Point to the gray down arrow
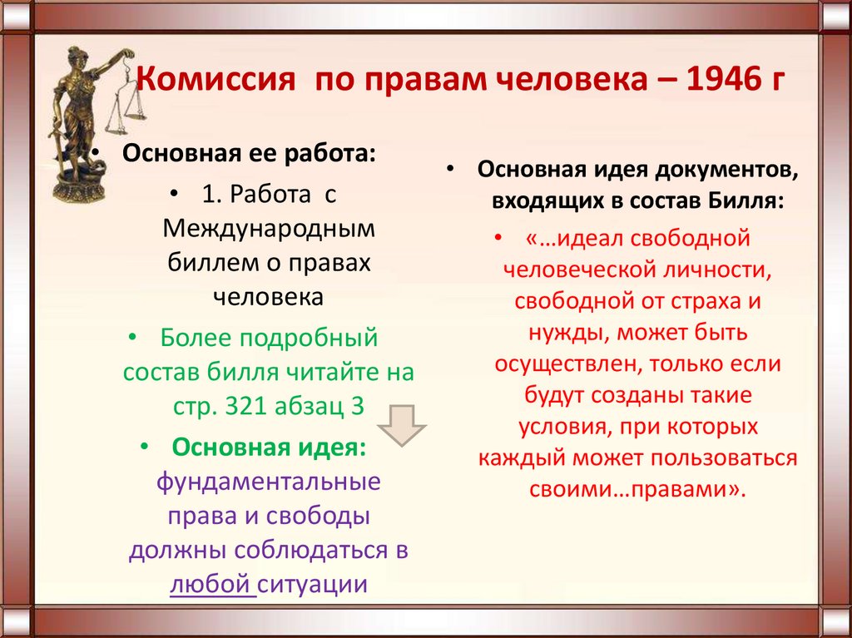[401, 425]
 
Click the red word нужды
[558, 332]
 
